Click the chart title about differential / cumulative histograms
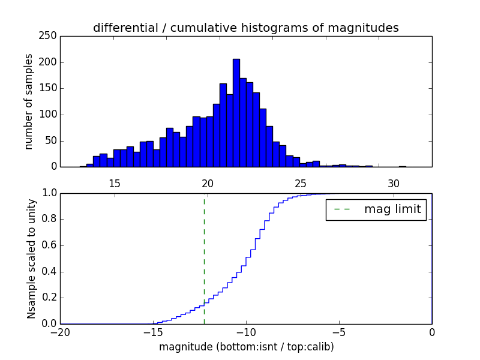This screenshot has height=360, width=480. [245, 28]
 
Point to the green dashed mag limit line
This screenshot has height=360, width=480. [204, 258]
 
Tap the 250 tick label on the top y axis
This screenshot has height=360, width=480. [50, 36]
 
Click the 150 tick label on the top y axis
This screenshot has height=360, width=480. [50, 88]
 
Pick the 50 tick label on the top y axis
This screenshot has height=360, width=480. [53, 140]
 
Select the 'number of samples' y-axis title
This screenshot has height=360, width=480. [29, 101]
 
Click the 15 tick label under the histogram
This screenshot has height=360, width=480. [115, 183]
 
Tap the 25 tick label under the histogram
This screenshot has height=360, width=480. [301, 183]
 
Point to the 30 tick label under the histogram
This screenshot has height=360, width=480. [394, 183]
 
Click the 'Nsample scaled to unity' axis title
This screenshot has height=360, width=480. [32, 259]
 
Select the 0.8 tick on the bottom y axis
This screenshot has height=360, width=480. [49, 220]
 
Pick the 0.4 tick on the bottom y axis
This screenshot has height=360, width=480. [49, 272]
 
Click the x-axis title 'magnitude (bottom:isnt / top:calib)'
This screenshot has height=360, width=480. [246, 347]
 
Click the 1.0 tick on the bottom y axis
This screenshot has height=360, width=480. [49, 193]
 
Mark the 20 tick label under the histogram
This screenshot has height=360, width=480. [208, 183]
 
